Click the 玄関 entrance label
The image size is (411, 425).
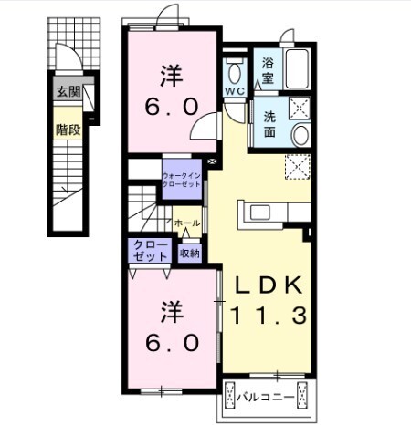(x=67, y=91)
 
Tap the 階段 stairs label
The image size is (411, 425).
(x=67, y=130)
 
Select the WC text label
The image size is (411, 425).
(x=233, y=92)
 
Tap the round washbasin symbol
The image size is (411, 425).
(x=300, y=136)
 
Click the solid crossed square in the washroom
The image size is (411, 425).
(x=300, y=109)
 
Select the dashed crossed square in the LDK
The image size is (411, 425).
(x=298, y=167)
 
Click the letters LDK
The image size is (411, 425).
(x=267, y=285)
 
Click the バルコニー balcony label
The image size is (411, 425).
(x=265, y=397)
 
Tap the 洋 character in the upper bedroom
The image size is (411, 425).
(x=170, y=74)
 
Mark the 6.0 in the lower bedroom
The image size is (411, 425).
(x=170, y=343)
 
